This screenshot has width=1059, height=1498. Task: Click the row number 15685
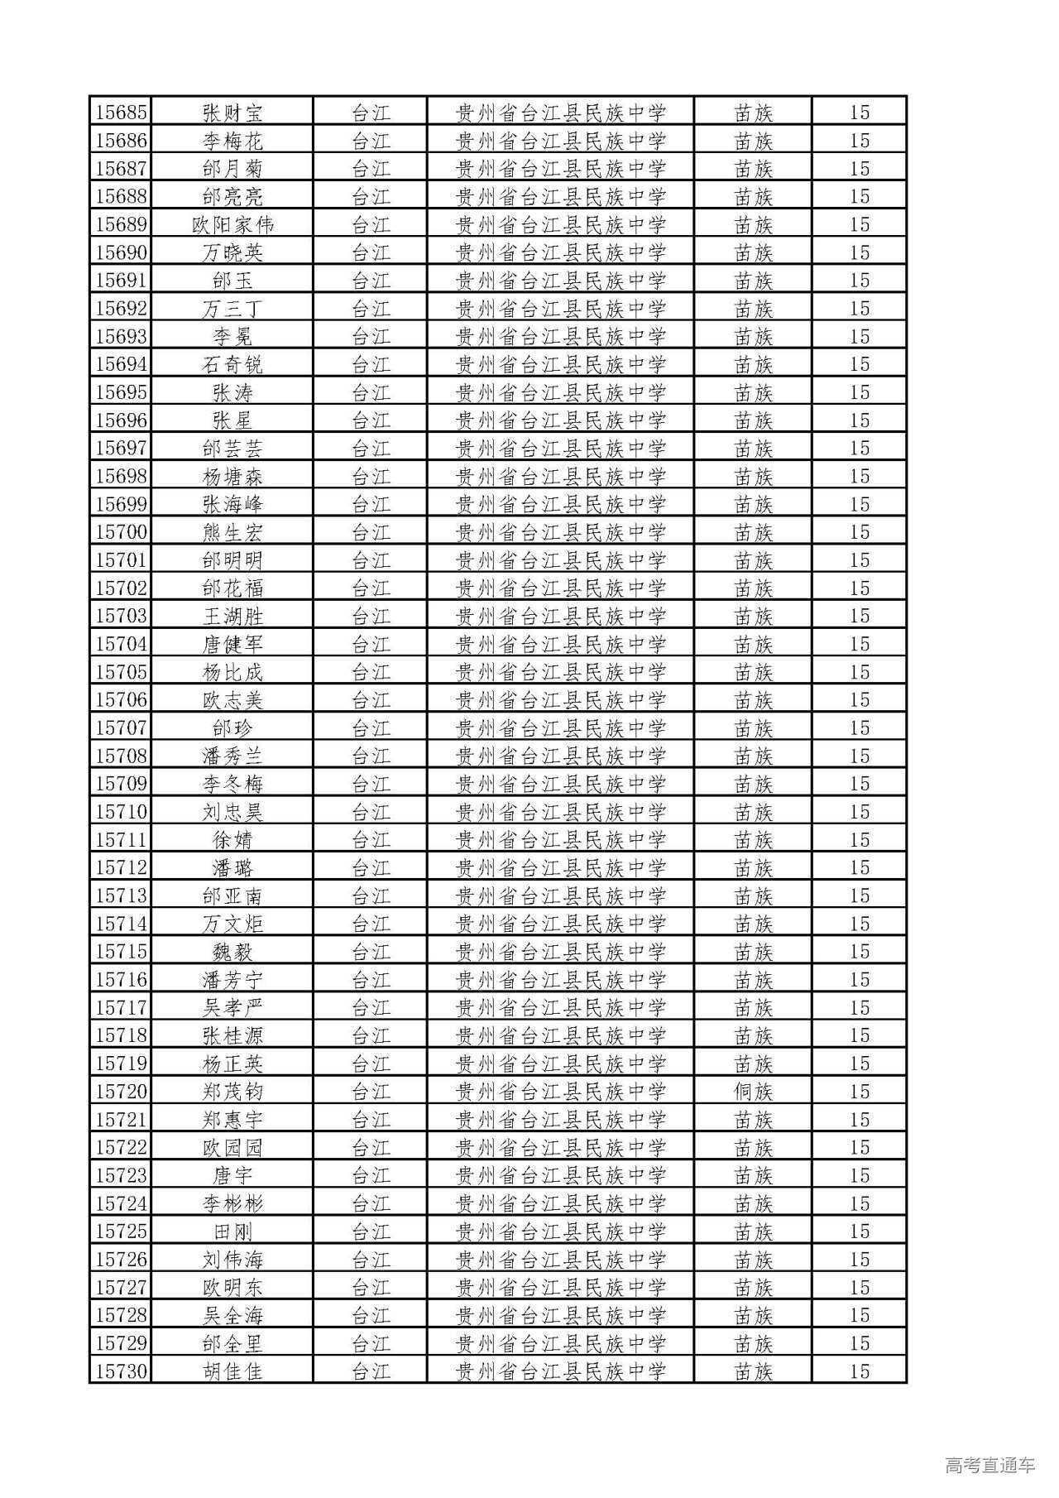121,113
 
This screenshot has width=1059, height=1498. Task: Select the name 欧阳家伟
232,224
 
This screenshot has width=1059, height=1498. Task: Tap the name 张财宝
232,113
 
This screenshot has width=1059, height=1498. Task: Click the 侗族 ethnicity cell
753,1092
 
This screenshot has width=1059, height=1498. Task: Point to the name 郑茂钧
232,1092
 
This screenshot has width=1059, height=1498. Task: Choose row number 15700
121,532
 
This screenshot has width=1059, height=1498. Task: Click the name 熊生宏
232,532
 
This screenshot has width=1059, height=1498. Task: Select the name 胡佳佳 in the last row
232,1371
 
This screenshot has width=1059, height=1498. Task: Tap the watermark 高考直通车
990,1465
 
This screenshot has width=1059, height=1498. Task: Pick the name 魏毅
232,952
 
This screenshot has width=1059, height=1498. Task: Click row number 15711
121,840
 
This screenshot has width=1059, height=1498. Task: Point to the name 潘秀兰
232,756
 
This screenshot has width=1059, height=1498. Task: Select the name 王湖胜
232,616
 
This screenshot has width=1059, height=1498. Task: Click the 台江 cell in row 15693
371,337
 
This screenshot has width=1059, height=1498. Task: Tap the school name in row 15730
561,1371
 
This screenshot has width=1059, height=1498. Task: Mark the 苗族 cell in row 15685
753,113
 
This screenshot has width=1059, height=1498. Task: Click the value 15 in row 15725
860,1232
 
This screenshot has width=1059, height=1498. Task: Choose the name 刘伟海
232,1260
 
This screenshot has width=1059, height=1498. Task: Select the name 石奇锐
232,364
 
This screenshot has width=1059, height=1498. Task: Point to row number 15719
121,1063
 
